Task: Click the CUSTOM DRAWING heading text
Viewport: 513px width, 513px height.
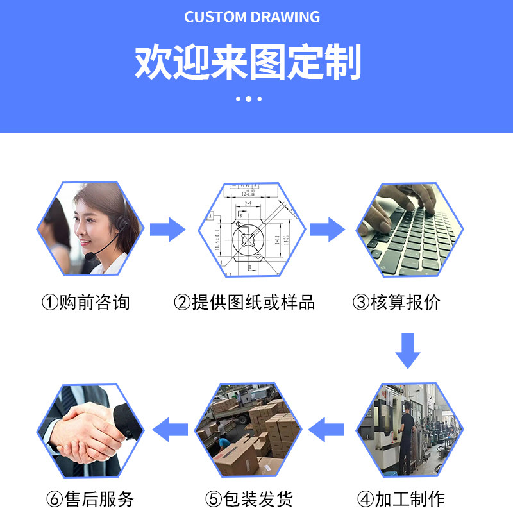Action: pyautogui.click(x=252, y=17)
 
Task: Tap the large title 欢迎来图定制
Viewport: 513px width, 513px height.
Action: pyautogui.click(x=248, y=62)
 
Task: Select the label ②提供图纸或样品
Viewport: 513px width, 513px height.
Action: pyautogui.click(x=244, y=302)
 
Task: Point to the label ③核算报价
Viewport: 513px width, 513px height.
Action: pyautogui.click(x=397, y=302)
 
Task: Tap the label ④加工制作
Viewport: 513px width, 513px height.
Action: pyautogui.click(x=401, y=499)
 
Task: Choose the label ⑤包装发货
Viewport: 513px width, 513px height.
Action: pyautogui.click(x=249, y=499)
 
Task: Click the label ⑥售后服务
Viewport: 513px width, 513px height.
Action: pyautogui.click(x=90, y=499)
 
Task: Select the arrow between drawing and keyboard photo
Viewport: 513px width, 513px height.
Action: pyautogui.click(x=327, y=229)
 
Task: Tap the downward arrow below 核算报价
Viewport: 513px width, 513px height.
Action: pyautogui.click(x=407, y=351)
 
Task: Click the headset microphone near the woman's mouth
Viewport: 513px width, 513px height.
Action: pyautogui.click(x=92, y=256)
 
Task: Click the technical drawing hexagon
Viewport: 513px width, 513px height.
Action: pyautogui.click(x=249, y=229)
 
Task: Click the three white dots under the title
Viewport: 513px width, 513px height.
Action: pyautogui.click(x=248, y=99)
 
